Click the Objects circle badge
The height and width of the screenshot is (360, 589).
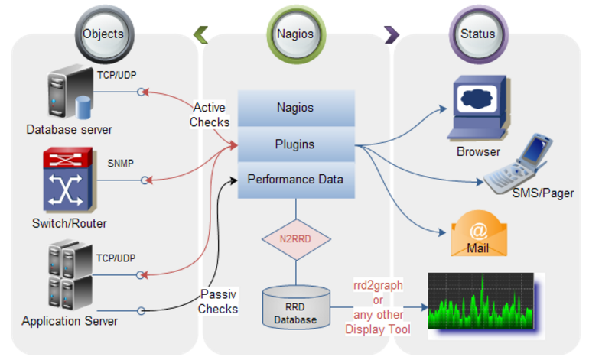pyautogui.click(x=103, y=34)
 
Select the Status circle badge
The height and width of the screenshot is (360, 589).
pyautogui.click(x=477, y=34)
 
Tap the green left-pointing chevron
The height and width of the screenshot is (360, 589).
pyautogui.click(x=200, y=34)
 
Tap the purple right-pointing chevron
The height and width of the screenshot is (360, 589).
pyautogui.click(x=392, y=34)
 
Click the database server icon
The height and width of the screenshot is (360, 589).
pyautogui.click(x=69, y=94)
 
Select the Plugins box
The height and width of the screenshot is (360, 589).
pyautogui.click(x=295, y=144)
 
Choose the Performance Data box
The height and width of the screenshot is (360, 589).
pyautogui.click(x=295, y=180)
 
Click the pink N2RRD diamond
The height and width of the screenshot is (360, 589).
pyautogui.click(x=295, y=238)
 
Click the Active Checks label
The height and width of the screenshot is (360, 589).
pyautogui.click(x=210, y=115)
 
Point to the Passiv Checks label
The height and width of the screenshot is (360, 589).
pyautogui.click(x=218, y=301)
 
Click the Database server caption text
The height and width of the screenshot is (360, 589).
pyautogui.click(x=69, y=129)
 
